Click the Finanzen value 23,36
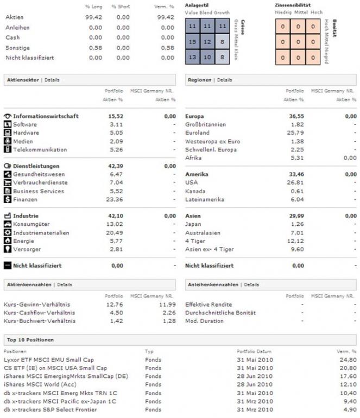pyautogui.click(x=116, y=199)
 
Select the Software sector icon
pyautogui.click(x=8, y=124)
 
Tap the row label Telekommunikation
pyautogui.click(x=40, y=149)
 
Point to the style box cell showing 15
pyautogui.click(x=192, y=41)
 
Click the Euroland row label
pyautogui.click(x=198, y=132)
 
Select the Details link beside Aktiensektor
pyautogui.click(x=52, y=80)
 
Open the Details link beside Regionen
pyautogui.click(x=225, y=80)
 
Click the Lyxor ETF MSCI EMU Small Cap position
pyautogui.click(x=48, y=359)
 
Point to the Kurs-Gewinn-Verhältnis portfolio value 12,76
pyautogui.click(x=116, y=305)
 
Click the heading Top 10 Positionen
pyautogui.click(x=30, y=339)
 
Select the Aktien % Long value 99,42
pyautogui.click(x=94, y=17)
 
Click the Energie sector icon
pyautogui.click(x=8, y=241)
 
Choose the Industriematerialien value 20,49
pyautogui.click(x=116, y=233)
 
